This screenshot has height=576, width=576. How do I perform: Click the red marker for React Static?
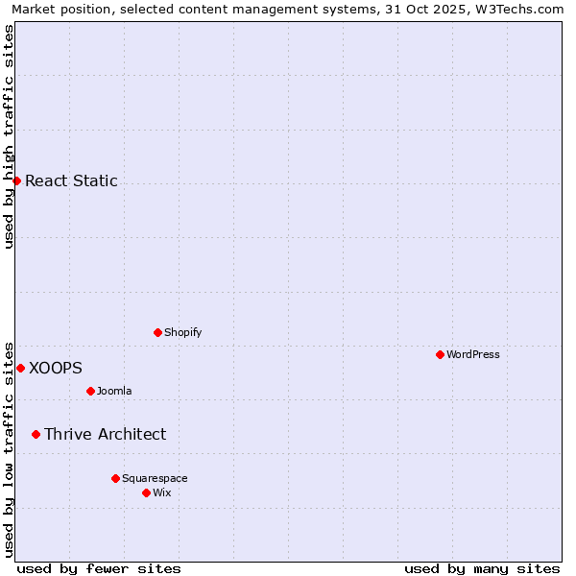click(x=16, y=180)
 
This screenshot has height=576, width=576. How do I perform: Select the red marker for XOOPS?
click(x=20, y=368)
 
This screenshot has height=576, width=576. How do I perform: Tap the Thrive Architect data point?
click(x=36, y=434)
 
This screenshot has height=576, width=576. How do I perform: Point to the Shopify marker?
click(x=157, y=332)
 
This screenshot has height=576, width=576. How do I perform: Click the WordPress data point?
click(x=440, y=354)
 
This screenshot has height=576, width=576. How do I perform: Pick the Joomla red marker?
click(x=90, y=391)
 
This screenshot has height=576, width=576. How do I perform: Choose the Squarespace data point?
click(x=115, y=478)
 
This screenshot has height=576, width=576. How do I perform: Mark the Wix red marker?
click(x=146, y=492)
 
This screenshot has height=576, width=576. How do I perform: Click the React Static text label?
click(x=71, y=180)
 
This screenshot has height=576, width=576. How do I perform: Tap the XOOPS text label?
click(x=56, y=368)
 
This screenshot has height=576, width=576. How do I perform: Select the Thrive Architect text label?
click(x=105, y=434)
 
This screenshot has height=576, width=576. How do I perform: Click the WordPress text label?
click(x=472, y=354)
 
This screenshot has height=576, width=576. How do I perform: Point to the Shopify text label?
click(x=182, y=332)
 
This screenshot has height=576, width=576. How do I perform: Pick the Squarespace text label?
click(x=155, y=478)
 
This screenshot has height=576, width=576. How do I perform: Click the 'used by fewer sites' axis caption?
click(x=99, y=568)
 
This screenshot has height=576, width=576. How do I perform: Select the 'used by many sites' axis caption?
click(x=482, y=568)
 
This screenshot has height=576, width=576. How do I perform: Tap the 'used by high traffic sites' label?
click(x=10, y=136)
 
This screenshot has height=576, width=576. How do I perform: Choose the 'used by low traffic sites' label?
click(x=10, y=448)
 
